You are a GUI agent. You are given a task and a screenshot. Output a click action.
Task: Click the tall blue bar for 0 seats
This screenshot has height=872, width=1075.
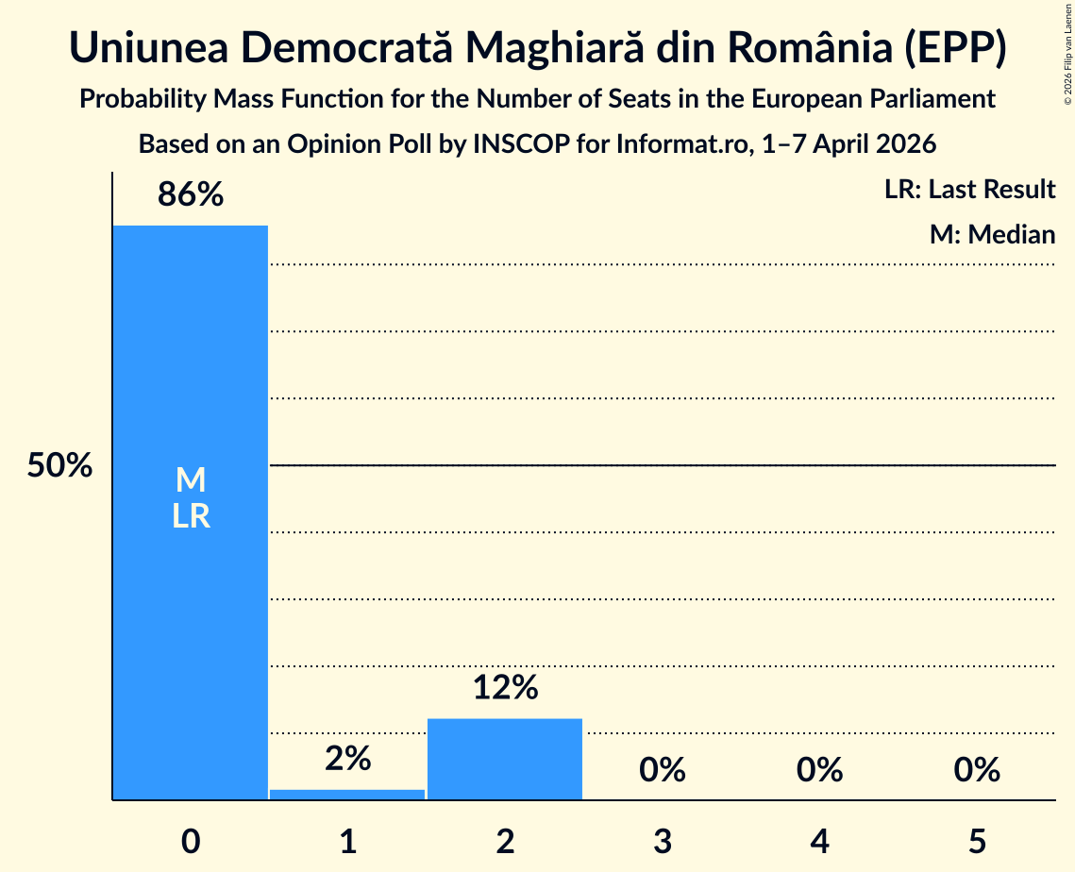coord(191,512)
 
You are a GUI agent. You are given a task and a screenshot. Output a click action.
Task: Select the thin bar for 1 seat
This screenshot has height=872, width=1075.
coord(347,795)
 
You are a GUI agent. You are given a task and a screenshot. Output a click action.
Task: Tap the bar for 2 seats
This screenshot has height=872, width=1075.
coord(505,759)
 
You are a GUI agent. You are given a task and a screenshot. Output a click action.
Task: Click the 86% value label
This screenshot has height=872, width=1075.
coord(191,194)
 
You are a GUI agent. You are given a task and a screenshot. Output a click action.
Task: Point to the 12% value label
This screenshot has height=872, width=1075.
coord(505,687)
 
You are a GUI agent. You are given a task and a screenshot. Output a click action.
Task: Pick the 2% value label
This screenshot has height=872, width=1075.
coord(347,758)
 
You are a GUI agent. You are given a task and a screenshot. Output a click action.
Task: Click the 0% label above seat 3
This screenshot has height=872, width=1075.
coord(663,770)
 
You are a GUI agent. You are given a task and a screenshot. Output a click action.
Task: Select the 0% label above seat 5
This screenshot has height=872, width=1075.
coord(977,770)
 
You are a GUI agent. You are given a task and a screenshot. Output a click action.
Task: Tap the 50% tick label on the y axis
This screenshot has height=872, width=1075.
coord(59,465)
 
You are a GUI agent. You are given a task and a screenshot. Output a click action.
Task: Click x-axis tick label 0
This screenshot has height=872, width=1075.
coord(191,841)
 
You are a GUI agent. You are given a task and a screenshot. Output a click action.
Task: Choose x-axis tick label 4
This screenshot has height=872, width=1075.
coord(820,841)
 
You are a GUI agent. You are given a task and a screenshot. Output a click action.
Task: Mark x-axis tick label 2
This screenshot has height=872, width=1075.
coord(505,841)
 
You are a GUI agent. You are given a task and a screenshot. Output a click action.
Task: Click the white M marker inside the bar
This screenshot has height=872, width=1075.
coord(191,479)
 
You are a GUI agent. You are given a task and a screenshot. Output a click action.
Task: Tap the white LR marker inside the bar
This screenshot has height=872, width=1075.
coord(191,516)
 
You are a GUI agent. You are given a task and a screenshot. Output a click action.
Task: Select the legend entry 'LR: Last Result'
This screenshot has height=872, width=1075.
coord(969,189)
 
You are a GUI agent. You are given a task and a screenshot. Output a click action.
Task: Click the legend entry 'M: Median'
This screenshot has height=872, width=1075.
coord(992,234)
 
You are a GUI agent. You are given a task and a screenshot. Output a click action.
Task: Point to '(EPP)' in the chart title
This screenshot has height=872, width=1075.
coord(955,48)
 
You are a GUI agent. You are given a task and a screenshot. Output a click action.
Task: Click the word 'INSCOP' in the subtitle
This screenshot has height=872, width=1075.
coord(521,144)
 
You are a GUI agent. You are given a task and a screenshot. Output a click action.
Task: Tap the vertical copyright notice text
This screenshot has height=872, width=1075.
coord(1067,54)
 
